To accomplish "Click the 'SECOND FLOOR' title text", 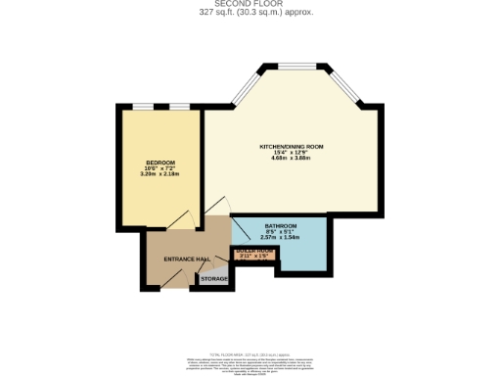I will [x=250, y=4].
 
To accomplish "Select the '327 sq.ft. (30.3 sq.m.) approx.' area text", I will [x=250, y=13].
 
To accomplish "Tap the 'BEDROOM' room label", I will [x=159, y=162].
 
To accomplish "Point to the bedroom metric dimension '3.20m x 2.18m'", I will [x=159, y=173].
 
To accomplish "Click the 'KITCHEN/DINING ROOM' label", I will [x=291, y=147].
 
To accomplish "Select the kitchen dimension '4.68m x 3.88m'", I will [x=291, y=159].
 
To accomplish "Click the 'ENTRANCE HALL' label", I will [x=186, y=258].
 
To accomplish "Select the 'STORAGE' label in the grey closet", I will [x=214, y=279].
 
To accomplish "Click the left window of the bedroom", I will [x=143, y=106].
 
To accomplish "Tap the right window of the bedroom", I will [x=177, y=106].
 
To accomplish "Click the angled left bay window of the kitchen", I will [x=245, y=88].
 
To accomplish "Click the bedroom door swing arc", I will [x=186, y=221].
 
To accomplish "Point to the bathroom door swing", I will [x=238, y=228].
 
